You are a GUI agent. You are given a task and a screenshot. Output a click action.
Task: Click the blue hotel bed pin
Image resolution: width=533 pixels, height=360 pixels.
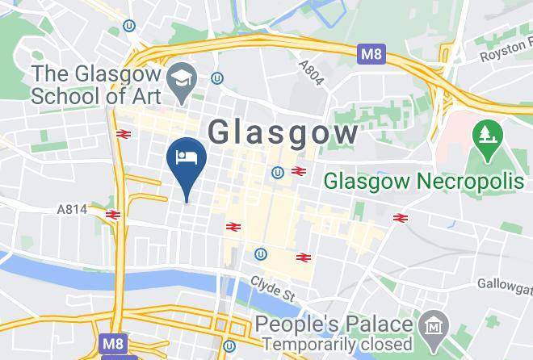[186, 157]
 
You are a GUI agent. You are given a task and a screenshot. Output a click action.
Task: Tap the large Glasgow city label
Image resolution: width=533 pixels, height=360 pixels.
[283, 132]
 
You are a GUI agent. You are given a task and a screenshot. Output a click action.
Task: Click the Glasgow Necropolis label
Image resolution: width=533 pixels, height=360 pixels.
[424, 181]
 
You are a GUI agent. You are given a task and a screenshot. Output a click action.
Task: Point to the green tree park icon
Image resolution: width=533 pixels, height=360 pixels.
[485, 134]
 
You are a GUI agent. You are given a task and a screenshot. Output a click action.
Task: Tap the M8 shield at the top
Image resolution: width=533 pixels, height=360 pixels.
[368, 55]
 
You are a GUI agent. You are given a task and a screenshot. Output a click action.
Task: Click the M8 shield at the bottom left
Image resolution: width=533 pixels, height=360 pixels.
[112, 344]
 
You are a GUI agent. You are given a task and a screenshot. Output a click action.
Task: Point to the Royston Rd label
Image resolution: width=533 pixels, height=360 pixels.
[506, 56]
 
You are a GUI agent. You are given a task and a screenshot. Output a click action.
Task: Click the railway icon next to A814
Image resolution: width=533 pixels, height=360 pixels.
[112, 215]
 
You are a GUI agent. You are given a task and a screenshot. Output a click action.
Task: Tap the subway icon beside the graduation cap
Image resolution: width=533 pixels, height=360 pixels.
[216, 78]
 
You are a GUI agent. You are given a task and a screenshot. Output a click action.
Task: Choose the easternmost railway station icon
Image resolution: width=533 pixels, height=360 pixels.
[399, 218]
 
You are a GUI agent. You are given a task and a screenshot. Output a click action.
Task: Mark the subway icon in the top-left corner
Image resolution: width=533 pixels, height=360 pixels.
[128, 26]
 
